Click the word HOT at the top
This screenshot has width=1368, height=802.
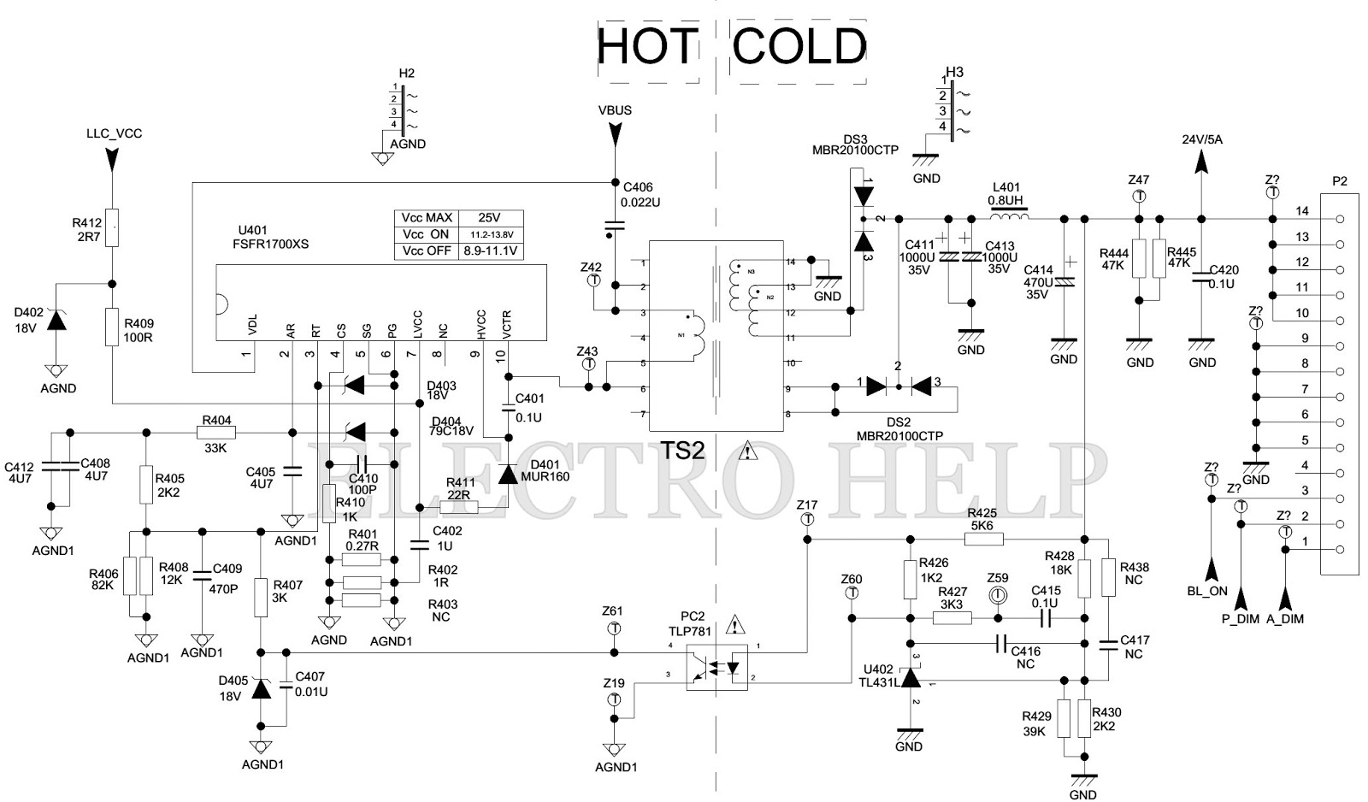click(x=646, y=47)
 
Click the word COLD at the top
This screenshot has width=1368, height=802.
click(x=800, y=47)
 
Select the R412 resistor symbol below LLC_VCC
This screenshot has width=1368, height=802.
click(x=110, y=227)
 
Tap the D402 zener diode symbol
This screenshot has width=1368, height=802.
click(x=56, y=321)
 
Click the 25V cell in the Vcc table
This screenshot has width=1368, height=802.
click(x=490, y=218)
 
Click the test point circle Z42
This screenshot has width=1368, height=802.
click(x=592, y=280)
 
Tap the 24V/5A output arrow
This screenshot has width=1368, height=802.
click(x=1201, y=161)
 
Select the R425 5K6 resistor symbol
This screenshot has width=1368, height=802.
click(x=983, y=539)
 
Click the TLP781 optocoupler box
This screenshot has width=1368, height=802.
click(x=716, y=669)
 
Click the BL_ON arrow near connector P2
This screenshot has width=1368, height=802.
click(x=1212, y=569)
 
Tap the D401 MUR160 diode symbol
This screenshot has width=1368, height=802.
click(x=509, y=475)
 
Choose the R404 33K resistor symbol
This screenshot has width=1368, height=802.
click(x=216, y=432)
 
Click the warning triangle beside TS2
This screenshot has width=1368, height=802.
click(x=749, y=451)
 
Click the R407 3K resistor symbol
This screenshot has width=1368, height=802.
click(x=261, y=599)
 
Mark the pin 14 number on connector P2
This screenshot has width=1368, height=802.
click(x=1302, y=211)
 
